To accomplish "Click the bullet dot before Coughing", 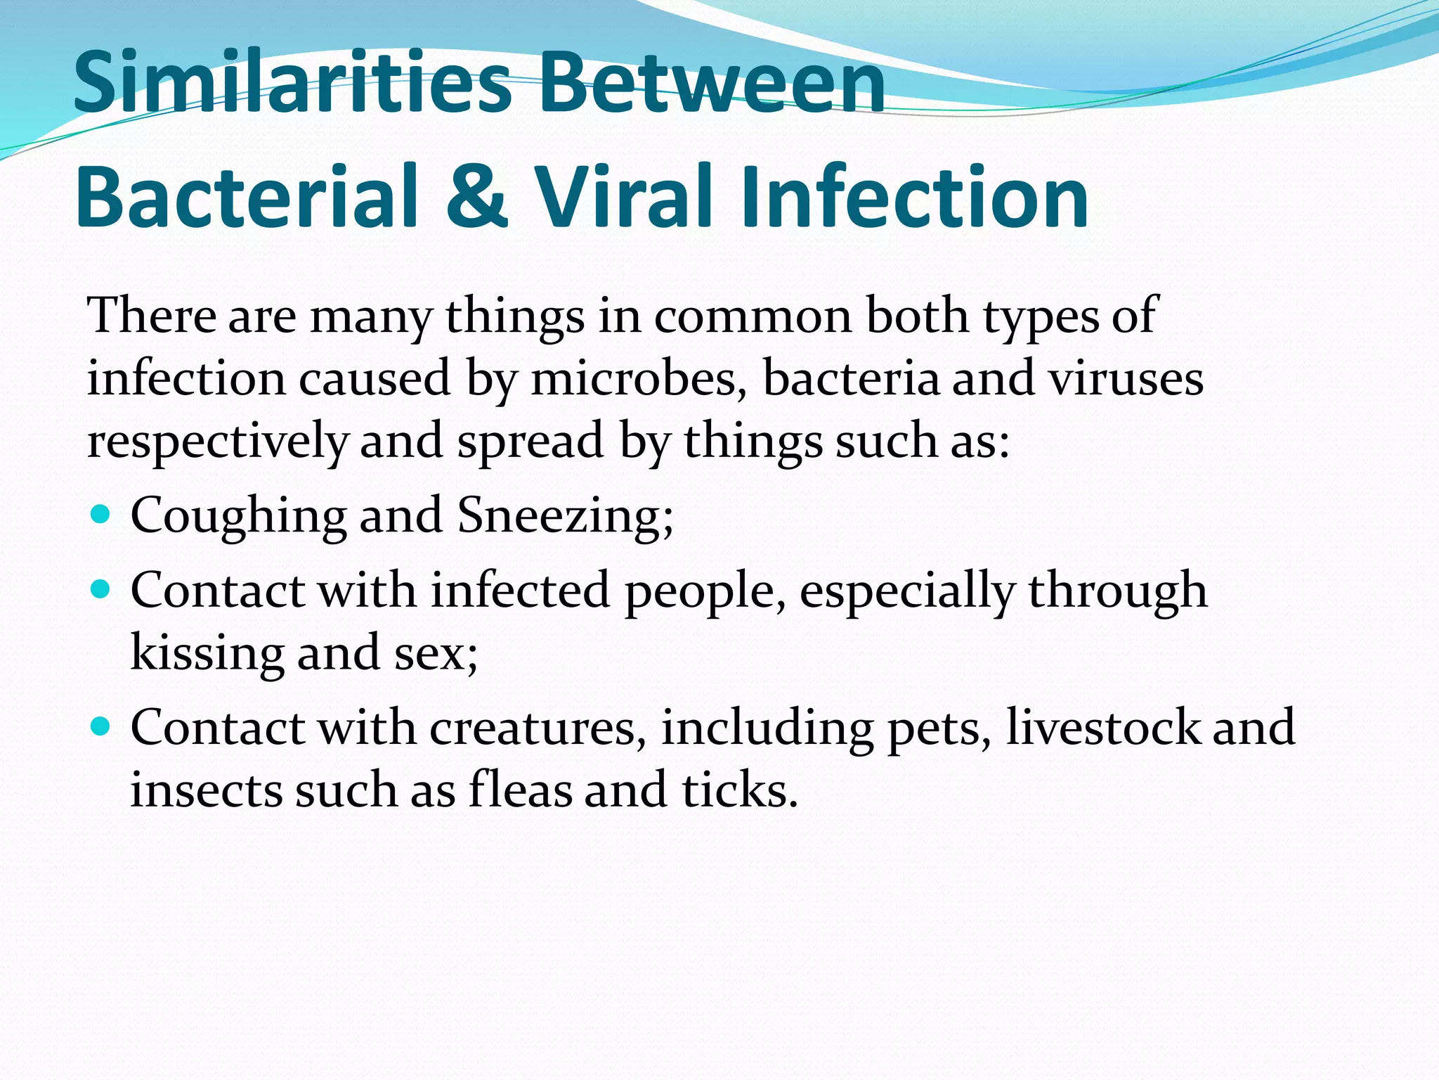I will [101, 515].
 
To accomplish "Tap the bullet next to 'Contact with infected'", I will [101, 589].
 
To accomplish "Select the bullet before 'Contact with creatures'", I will [101, 726].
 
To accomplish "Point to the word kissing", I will [207, 652].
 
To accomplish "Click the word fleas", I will [520, 790].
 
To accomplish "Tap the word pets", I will [937, 728].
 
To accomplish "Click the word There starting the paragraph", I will [152, 316].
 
